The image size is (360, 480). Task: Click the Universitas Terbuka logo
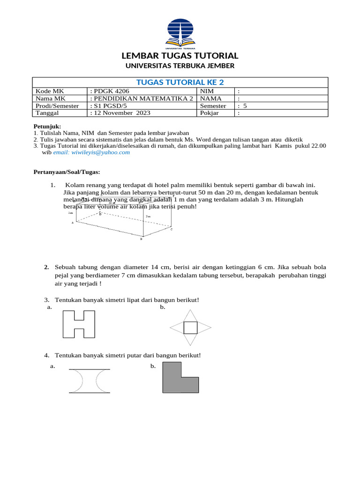point(180,33)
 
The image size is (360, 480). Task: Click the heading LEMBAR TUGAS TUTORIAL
point(180,55)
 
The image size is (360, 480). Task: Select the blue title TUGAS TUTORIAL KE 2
point(180,82)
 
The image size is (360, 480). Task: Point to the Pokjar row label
point(210,113)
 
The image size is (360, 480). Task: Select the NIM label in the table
point(207,91)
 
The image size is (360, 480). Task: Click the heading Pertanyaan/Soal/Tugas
point(67,172)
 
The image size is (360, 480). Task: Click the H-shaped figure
point(79,324)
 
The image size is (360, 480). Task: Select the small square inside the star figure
point(190,327)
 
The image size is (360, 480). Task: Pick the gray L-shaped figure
point(180,378)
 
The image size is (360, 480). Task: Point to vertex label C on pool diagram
point(172,230)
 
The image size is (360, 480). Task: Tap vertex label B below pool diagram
point(141,239)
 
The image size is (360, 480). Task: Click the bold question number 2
point(47,267)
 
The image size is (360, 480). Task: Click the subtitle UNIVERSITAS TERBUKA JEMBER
point(180,66)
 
